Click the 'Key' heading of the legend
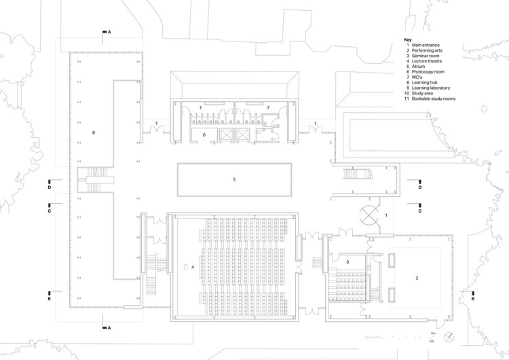point(407,39)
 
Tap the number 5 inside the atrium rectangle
point(234,179)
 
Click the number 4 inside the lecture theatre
point(193,267)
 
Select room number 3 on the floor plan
point(347,262)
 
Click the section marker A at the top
point(109,32)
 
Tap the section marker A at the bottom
point(109,328)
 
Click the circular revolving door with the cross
point(369,215)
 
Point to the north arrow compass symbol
point(448,337)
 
